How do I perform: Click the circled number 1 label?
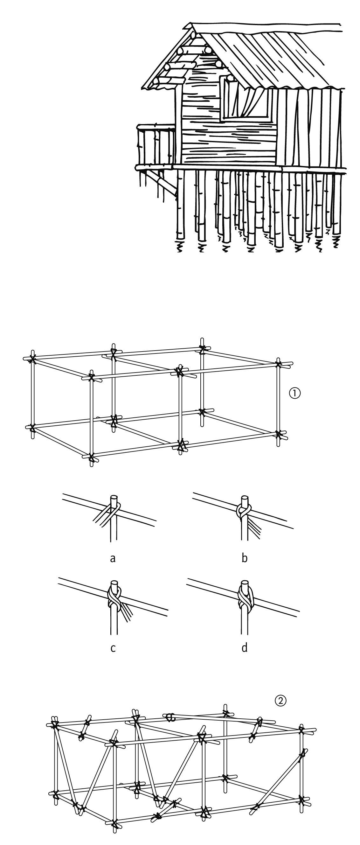(x=295, y=393)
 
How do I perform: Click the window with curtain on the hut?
(x=246, y=97)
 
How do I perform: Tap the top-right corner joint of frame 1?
(x=278, y=363)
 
